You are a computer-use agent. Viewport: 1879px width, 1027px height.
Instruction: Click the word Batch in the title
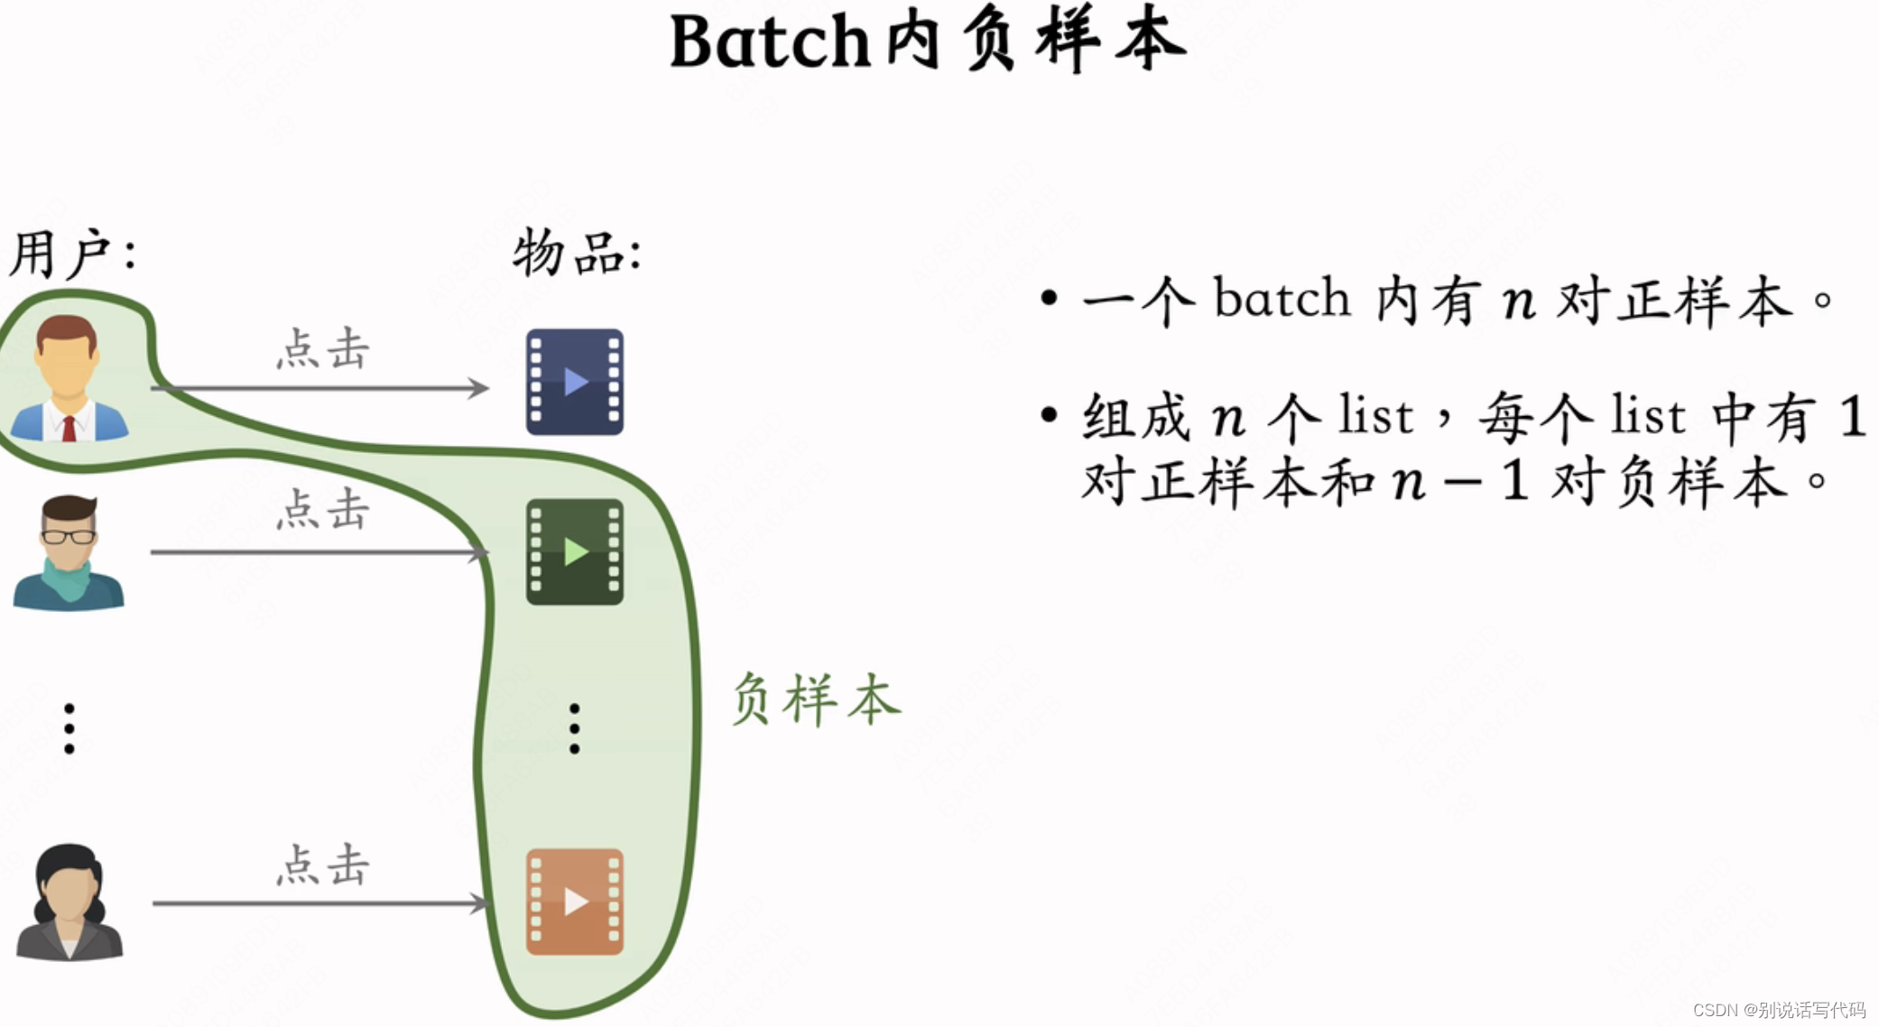coord(769,42)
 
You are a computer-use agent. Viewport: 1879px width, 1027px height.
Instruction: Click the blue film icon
coord(575,382)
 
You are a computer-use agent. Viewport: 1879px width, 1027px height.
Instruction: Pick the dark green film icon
coord(575,551)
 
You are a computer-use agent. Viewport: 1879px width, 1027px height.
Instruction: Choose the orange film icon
coord(575,902)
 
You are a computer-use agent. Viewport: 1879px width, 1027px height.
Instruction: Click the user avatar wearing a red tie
coord(69,379)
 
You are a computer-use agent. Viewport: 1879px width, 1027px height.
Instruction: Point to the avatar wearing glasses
coord(69,552)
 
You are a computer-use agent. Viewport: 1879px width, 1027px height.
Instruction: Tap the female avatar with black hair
coord(69,902)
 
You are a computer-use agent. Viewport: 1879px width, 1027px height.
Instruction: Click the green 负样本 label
coord(815,699)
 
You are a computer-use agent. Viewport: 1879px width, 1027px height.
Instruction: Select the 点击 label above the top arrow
coord(323,349)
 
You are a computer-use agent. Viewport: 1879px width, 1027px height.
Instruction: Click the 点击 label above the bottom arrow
coord(323,865)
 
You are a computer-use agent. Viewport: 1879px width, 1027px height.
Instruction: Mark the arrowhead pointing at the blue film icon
coord(478,388)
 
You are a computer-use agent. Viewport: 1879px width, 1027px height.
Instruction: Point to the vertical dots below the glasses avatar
coord(69,728)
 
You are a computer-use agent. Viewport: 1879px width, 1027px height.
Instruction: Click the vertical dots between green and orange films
coord(575,728)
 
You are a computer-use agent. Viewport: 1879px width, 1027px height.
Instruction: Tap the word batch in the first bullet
coord(1282,298)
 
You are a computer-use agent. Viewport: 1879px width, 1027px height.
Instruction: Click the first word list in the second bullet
coord(1375,416)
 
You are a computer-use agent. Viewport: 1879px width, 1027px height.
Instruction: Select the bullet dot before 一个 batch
coord(1049,298)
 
